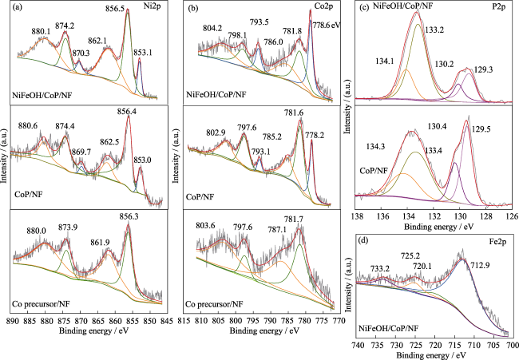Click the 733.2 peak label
379,267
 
